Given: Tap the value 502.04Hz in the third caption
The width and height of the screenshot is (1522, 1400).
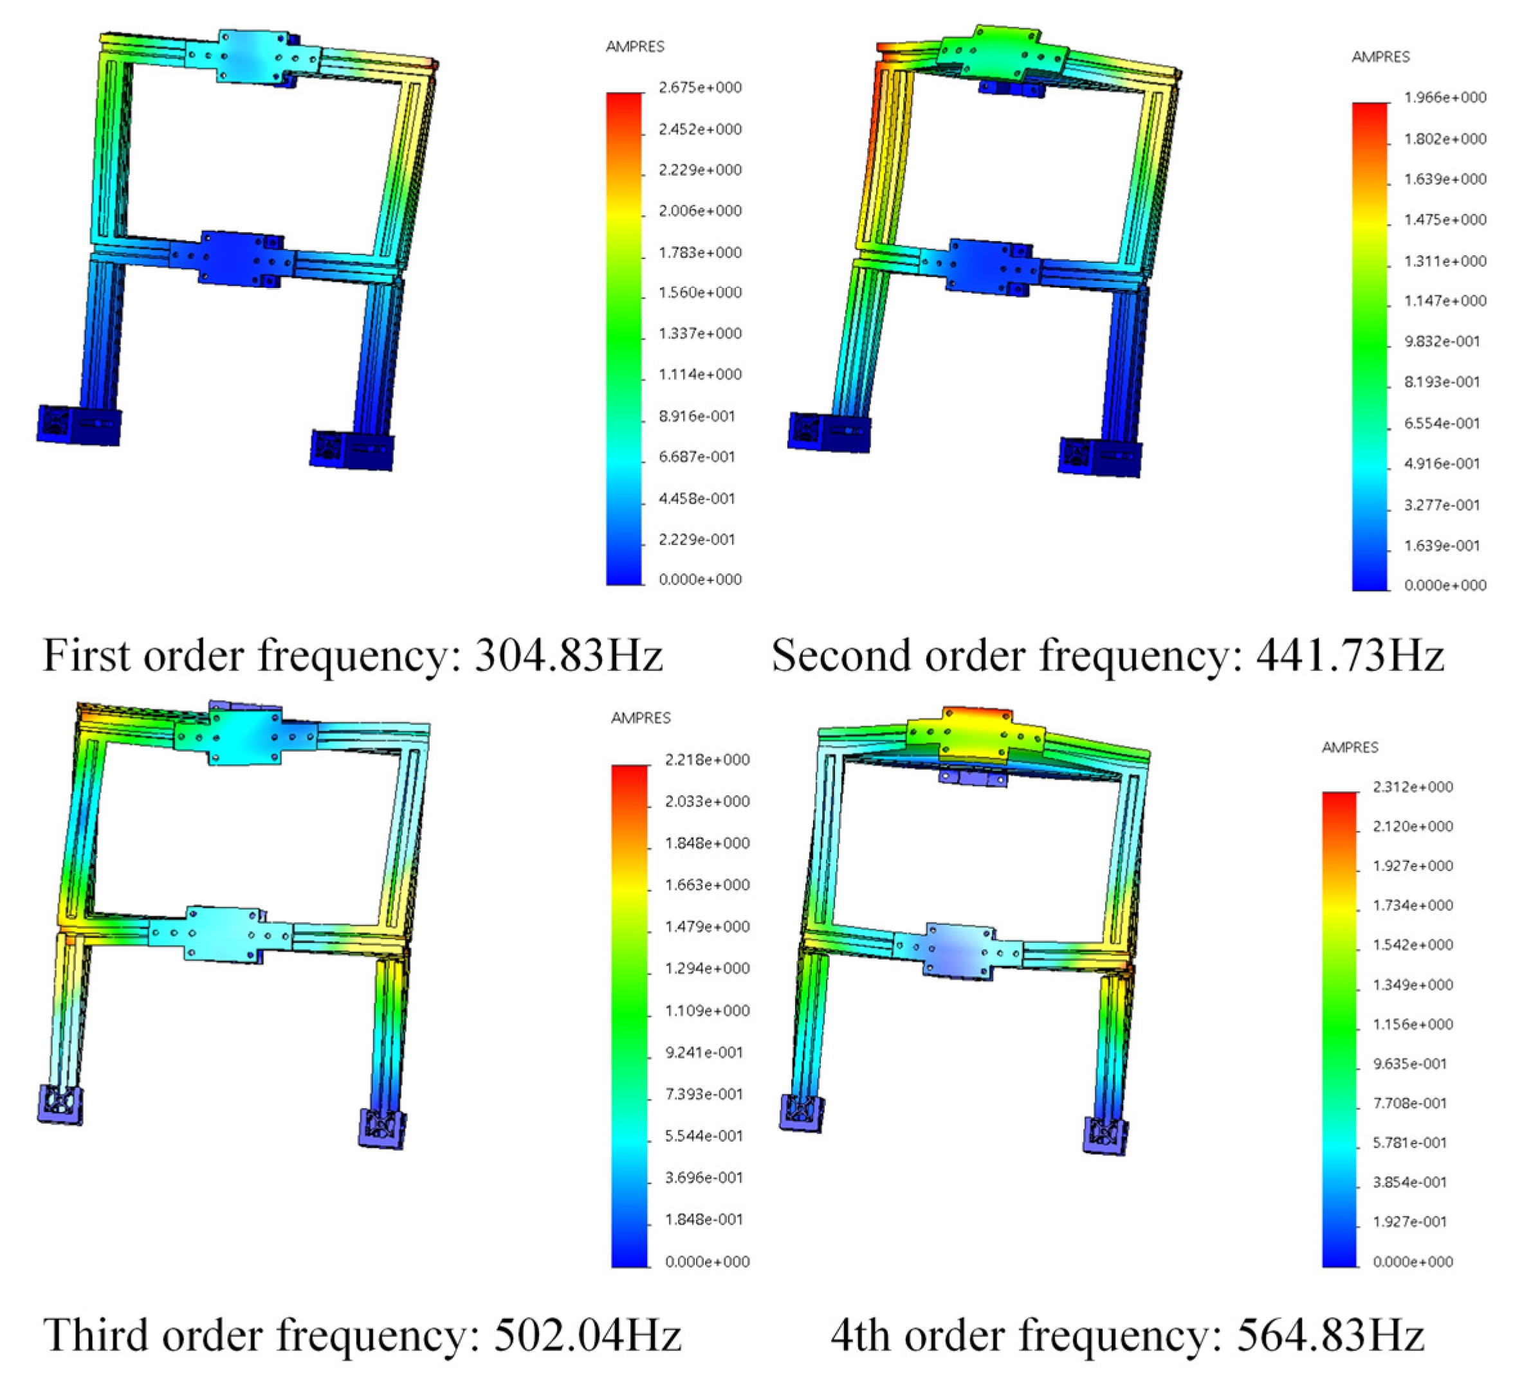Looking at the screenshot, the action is [587, 1335].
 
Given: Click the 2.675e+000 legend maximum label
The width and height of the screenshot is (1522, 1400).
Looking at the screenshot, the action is [701, 87].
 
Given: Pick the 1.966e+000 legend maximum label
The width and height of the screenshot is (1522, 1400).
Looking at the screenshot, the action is [1445, 97].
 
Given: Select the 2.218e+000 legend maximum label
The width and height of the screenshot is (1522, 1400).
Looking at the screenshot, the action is [707, 760].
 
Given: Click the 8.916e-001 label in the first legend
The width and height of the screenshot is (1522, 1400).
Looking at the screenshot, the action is [697, 416].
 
